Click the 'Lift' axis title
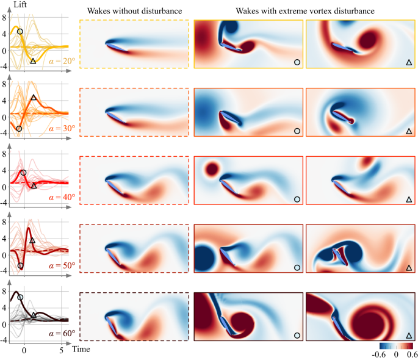click(21, 5)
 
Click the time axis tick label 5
click(61, 351)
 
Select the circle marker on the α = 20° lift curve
click(20, 31)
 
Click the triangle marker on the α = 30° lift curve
click(34, 98)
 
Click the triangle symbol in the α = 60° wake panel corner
click(408, 335)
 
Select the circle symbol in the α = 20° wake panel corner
click(297, 62)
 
